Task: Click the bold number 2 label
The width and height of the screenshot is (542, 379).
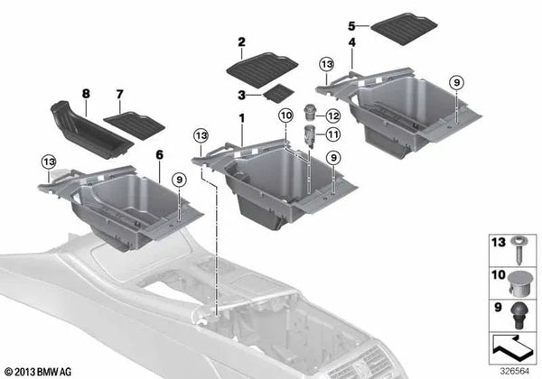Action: pos(241,42)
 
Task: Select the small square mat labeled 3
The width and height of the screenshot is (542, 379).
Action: pos(278,93)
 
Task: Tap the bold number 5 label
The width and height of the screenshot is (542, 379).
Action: pos(351,26)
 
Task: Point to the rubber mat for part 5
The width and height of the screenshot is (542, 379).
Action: pos(404,29)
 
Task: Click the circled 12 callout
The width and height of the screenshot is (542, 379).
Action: pos(332,116)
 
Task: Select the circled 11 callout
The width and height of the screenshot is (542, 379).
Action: pos(332,134)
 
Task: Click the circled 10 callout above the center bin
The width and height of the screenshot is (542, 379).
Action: pos(286,116)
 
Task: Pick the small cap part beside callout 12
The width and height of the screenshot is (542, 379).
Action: pos(310,112)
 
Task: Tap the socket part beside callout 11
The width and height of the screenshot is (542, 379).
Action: pos(309,136)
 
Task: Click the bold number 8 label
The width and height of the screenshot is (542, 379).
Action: pos(86,94)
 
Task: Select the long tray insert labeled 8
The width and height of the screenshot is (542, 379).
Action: pos(91,130)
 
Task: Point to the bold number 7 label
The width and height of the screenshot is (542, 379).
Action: pos(119,94)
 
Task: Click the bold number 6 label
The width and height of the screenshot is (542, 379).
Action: pos(159,155)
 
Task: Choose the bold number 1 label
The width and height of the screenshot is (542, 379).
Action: pos(241,118)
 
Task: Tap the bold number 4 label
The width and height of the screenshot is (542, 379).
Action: pos(351,42)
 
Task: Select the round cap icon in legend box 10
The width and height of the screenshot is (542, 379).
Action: pos(519,283)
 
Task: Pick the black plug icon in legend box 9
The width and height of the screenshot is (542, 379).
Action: pos(519,315)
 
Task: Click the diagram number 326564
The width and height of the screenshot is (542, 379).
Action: pos(515,372)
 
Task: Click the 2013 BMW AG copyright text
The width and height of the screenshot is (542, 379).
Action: pos(38,372)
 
